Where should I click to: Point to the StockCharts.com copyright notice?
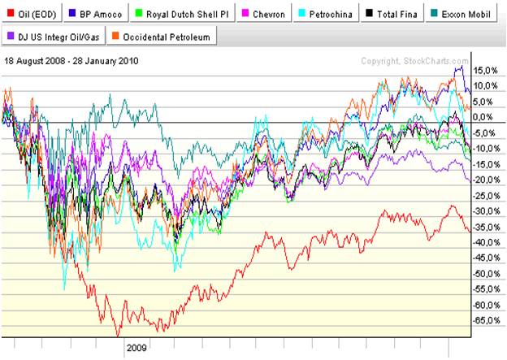coord(414,61)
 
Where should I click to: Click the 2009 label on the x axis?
coord(136,347)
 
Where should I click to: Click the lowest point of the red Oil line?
coord(118,333)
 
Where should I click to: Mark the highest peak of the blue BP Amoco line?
coord(461,67)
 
